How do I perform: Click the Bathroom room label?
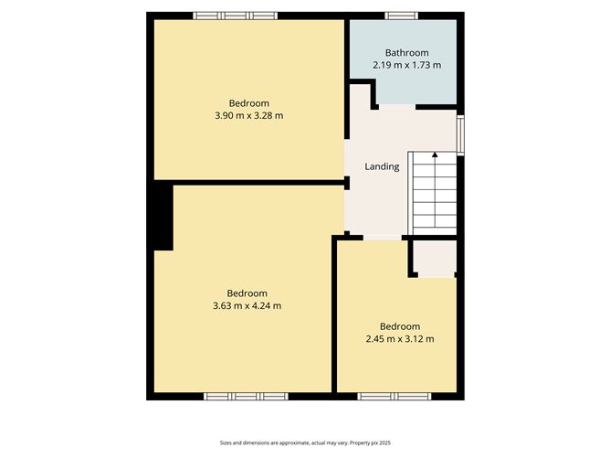tap(406, 53)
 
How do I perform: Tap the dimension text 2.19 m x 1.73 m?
tap(406, 66)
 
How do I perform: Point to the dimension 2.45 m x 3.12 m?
tap(399, 339)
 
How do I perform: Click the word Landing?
tap(382, 167)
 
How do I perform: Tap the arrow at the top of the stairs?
tap(435, 155)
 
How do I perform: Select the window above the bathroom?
tap(400, 16)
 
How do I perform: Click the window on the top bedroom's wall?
tap(235, 16)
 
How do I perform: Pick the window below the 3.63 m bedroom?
tap(245, 396)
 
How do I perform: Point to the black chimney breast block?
tap(162, 216)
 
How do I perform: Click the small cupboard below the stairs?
tap(435, 259)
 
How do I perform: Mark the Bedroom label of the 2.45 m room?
tap(399, 326)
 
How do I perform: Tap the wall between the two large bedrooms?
tap(247, 182)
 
